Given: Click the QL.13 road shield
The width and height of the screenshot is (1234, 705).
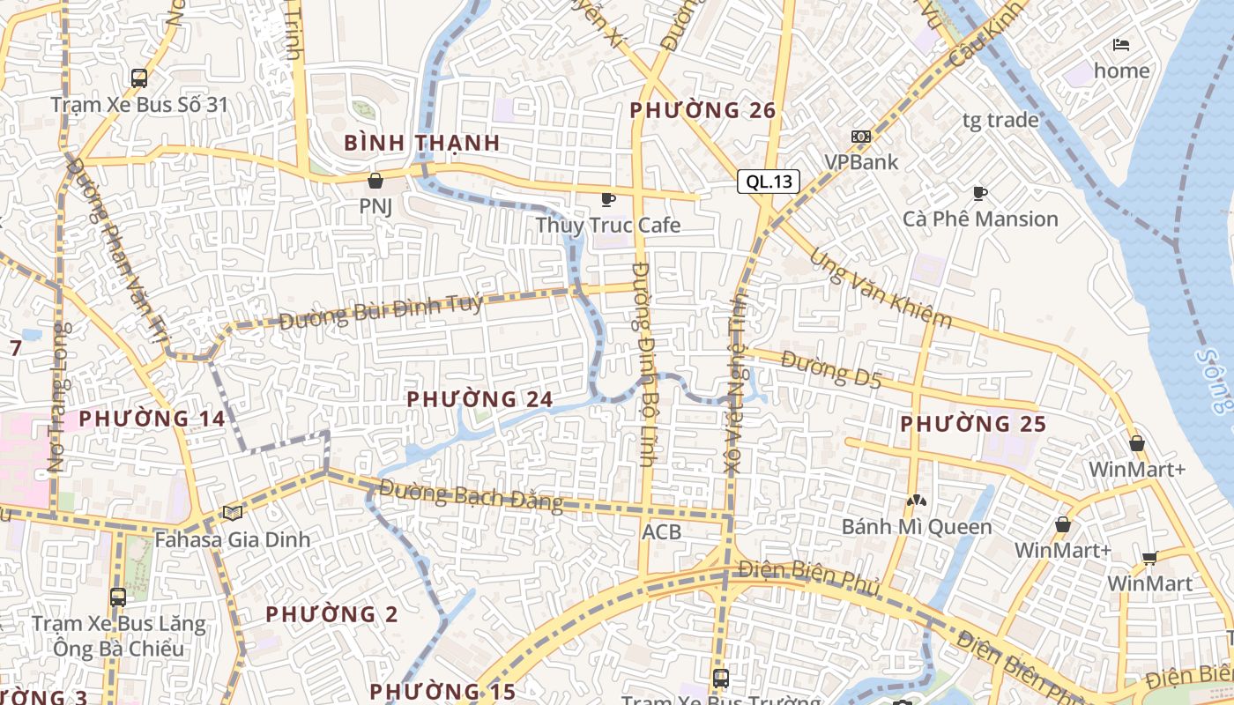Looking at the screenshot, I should pyautogui.click(x=769, y=182).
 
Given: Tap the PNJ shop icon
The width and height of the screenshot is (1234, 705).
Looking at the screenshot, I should pyautogui.click(x=375, y=182).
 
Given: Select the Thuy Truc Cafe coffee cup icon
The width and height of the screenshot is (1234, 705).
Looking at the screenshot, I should pyautogui.click(x=607, y=200).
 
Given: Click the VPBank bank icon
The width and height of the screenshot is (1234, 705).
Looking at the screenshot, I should pyautogui.click(x=860, y=137).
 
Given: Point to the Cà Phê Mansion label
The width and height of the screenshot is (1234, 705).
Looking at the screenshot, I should pyautogui.click(x=980, y=219).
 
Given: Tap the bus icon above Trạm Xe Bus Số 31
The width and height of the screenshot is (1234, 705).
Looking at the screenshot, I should pyautogui.click(x=139, y=78).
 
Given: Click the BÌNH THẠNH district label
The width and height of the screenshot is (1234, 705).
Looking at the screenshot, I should pyautogui.click(x=422, y=142).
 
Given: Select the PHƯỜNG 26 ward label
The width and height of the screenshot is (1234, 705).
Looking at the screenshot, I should pyautogui.click(x=703, y=110).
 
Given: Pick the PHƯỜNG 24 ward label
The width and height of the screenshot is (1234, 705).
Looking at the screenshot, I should pyautogui.click(x=479, y=399).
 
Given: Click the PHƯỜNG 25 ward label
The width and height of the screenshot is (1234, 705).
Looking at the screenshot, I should pyautogui.click(x=973, y=424).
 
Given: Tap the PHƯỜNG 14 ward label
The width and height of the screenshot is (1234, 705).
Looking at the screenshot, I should pyautogui.click(x=152, y=419).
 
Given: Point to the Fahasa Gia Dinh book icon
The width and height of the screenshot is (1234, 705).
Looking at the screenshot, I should pyautogui.click(x=233, y=513).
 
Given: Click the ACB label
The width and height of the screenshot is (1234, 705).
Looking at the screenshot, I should pyautogui.click(x=661, y=531).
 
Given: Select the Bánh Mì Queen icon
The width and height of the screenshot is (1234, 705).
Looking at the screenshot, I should pyautogui.click(x=917, y=501).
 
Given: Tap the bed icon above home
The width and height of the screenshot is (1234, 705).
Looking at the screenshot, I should pyautogui.click(x=1121, y=45).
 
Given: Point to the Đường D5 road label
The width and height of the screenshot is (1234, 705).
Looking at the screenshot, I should pyautogui.click(x=831, y=368).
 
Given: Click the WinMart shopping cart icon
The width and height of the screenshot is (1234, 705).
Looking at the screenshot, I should pyautogui.click(x=1149, y=558).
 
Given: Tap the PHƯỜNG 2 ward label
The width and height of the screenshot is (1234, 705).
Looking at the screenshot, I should pyautogui.click(x=332, y=613).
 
